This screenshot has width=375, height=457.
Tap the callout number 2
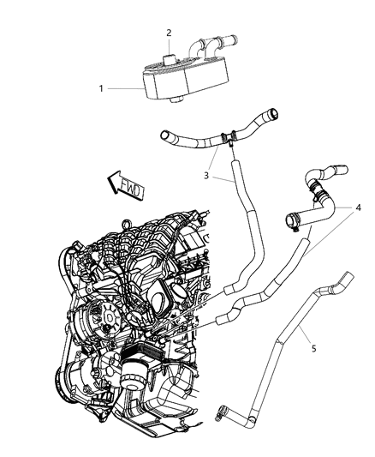pos(170,33)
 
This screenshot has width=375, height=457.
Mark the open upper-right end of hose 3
pos(272,111)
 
